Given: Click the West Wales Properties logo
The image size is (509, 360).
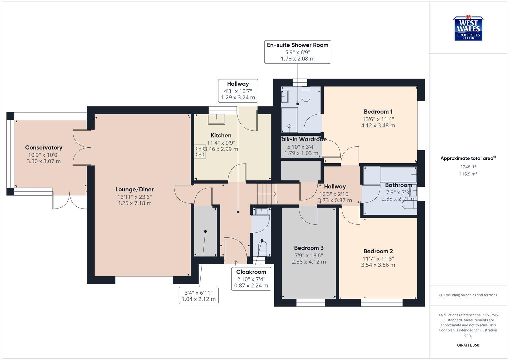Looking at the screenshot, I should pyautogui.click(x=468, y=29).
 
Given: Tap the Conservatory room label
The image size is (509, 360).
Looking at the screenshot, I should pyautogui.click(x=44, y=148).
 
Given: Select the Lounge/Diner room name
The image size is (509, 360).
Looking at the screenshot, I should pyautogui.click(x=134, y=189).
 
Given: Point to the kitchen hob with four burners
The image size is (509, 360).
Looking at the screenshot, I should pyautogui.click(x=200, y=151).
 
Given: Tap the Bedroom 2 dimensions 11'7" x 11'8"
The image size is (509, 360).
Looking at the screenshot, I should pyautogui.click(x=378, y=258).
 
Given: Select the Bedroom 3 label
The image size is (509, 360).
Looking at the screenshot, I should pyautogui.click(x=309, y=248).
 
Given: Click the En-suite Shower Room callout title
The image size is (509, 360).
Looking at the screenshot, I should pyautogui.click(x=297, y=45).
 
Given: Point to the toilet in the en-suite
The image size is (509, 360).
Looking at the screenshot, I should pyautogui.click(x=306, y=94).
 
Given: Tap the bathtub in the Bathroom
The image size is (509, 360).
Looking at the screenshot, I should pyautogui.click(x=398, y=174).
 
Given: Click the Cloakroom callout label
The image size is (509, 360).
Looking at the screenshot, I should pyautogui.click(x=251, y=272).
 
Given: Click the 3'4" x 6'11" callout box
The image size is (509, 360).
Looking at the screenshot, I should pyautogui.click(x=199, y=296).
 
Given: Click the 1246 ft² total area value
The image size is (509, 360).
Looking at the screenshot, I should pyautogui.click(x=468, y=167).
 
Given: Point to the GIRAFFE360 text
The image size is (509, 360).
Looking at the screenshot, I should pyautogui.click(x=468, y=345).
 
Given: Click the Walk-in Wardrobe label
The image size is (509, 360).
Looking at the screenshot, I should pyautogui.click(x=303, y=139).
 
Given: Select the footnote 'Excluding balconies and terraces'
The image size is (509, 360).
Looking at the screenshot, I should pyautogui.click(x=468, y=295).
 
